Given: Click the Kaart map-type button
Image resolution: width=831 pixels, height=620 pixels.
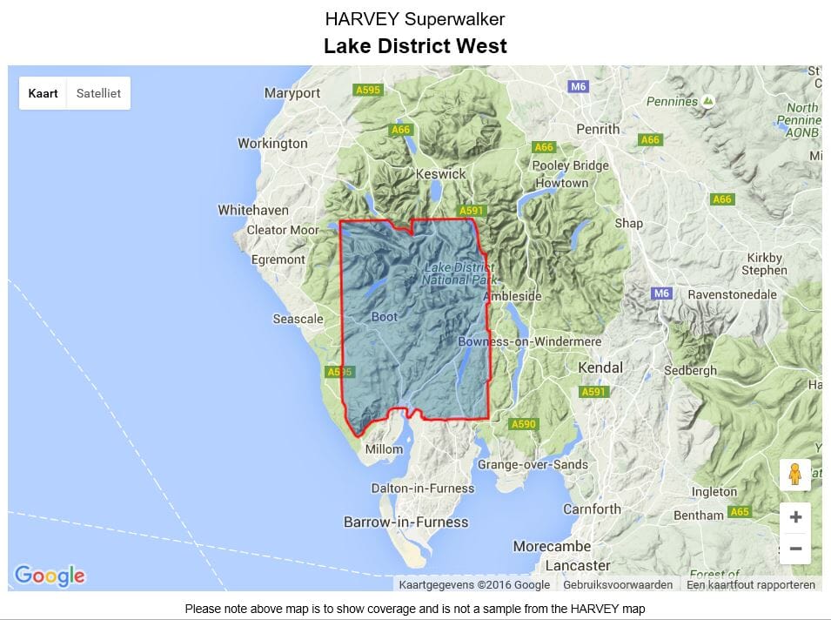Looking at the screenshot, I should pyautogui.click(x=43, y=93).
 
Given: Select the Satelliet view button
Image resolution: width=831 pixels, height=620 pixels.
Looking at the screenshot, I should pyautogui.click(x=98, y=93).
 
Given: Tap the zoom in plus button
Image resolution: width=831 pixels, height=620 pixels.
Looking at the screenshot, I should pyautogui.click(x=795, y=517).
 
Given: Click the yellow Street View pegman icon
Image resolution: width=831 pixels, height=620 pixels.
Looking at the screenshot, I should pyautogui.click(x=795, y=475).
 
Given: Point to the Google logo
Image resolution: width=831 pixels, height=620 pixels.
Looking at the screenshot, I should pyautogui.click(x=50, y=575).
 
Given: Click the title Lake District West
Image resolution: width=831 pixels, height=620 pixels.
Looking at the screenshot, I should pyautogui.click(x=415, y=46).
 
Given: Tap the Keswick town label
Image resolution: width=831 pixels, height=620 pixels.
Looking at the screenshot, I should pyautogui.click(x=441, y=173).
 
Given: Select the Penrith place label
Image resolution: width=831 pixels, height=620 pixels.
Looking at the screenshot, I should pyautogui.click(x=598, y=129).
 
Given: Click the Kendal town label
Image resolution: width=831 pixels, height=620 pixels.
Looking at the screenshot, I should pyautogui.click(x=600, y=367).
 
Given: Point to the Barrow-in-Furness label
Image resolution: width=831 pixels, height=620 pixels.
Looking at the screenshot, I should pyautogui.click(x=405, y=522).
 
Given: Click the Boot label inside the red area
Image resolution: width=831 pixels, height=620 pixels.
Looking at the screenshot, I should pyautogui.click(x=384, y=317).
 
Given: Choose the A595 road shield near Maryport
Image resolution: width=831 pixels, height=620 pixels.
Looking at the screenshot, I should pyautogui.click(x=368, y=90).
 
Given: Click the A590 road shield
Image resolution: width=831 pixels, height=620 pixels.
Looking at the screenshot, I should pyautogui.click(x=523, y=424).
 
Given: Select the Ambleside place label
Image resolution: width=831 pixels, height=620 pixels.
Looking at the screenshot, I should pyautogui.click(x=512, y=296).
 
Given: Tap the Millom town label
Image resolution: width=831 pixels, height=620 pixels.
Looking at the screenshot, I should pyautogui.click(x=384, y=449).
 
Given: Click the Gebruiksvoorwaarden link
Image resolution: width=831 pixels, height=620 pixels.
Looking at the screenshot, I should pyautogui.click(x=618, y=585).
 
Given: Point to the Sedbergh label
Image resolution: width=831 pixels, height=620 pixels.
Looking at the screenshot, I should pyautogui.click(x=689, y=370).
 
